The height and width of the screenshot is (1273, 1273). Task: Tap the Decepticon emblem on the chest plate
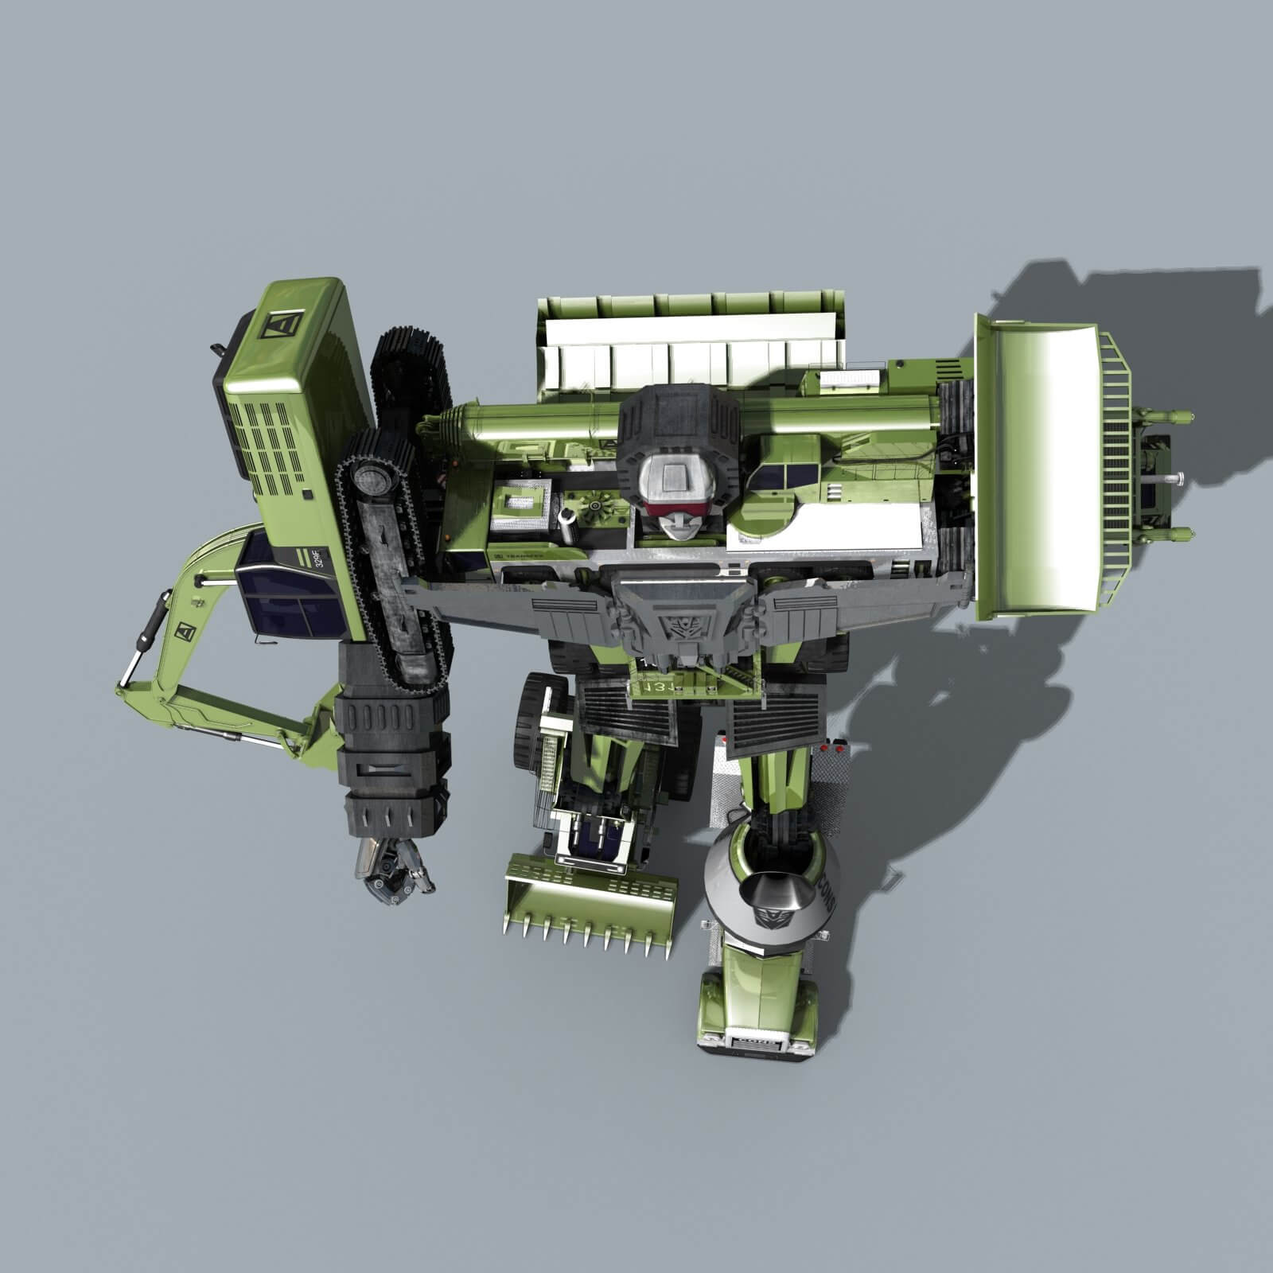(x=682, y=626)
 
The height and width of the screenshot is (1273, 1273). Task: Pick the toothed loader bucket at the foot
(x=591, y=891)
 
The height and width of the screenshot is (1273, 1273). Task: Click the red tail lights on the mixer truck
(x=832, y=749)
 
